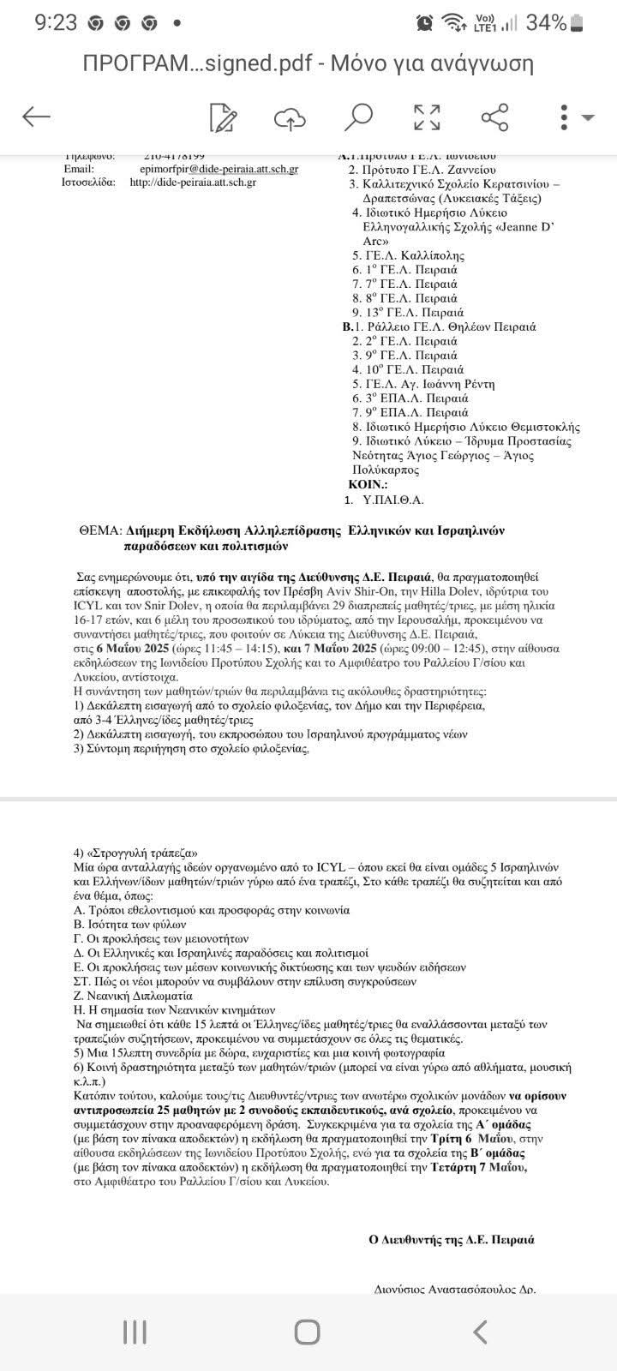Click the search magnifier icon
click(x=358, y=117)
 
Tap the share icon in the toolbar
click(x=494, y=117)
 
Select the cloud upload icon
click(x=291, y=118)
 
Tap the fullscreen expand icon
click(x=427, y=117)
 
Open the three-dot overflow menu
click(x=564, y=117)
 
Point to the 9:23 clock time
click(x=56, y=23)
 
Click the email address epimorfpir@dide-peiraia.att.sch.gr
click(x=219, y=170)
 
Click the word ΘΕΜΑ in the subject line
click(x=96, y=531)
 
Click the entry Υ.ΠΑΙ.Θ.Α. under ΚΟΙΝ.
click(x=395, y=500)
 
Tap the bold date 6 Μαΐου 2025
click(x=143, y=648)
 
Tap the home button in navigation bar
click(x=308, y=1332)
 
